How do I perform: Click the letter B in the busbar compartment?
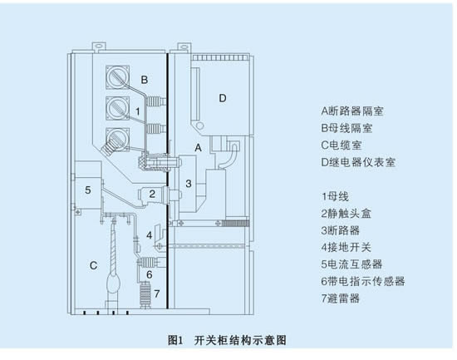145,80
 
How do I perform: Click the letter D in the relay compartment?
223,98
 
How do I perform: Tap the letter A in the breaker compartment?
199,148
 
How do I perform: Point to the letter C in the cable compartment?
93,265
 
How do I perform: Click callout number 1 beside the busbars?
138,111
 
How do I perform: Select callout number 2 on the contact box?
152,194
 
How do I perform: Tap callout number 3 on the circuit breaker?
189,184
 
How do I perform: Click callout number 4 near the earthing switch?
150,235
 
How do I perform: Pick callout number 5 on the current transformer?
88,190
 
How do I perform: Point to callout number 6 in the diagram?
150,274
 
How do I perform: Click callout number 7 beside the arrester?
157,293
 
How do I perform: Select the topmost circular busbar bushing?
117,77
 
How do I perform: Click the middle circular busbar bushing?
117,108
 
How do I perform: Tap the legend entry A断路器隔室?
352,111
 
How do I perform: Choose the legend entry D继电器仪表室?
358,162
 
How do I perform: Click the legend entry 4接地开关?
346,248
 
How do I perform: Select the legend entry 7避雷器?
341,298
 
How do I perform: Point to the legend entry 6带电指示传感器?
363,281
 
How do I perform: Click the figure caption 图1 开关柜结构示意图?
227,340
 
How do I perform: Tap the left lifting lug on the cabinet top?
99,46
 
